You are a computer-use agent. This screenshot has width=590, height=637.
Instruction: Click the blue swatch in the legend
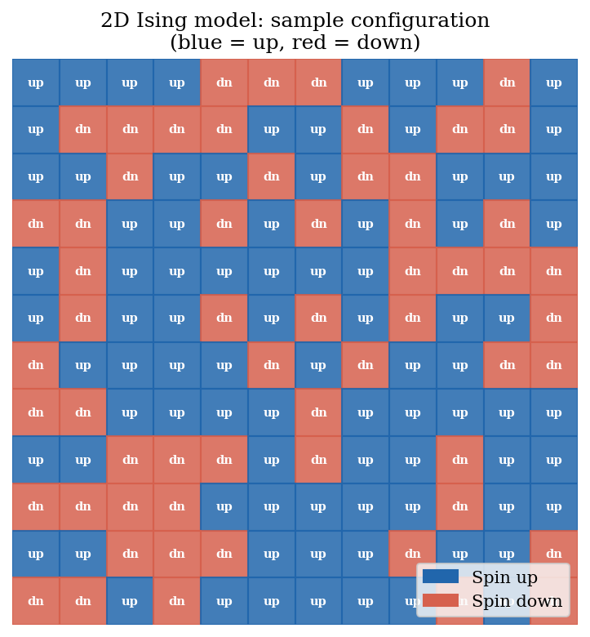pyautogui.click(x=440, y=577)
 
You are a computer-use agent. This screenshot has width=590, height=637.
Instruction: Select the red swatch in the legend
pyautogui.click(x=440, y=601)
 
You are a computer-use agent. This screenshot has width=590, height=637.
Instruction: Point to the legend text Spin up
pyautogui.click(x=504, y=577)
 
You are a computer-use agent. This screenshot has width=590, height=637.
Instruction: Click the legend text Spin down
pyautogui.click(x=517, y=601)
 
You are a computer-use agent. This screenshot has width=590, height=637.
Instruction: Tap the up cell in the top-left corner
pyautogui.click(x=36, y=82)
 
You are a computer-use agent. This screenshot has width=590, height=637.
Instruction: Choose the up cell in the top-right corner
pyautogui.click(x=554, y=82)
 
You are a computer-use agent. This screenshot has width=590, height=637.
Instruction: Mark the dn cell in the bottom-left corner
pyautogui.click(x=36, y=602)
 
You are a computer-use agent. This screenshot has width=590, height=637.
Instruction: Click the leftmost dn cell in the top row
pyautogui.click(x=224, y=82)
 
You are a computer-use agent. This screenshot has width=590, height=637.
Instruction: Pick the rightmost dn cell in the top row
pyautogui.click(x=507, y=82)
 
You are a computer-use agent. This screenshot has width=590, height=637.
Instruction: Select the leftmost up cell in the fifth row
pyautogui.click(x=36, y=271)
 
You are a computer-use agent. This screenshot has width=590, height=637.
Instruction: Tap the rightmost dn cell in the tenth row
pyautogui.click(x=459, y=507)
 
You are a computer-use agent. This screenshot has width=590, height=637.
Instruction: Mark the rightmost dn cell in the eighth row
pyautogui.click(x=318, y=413)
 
